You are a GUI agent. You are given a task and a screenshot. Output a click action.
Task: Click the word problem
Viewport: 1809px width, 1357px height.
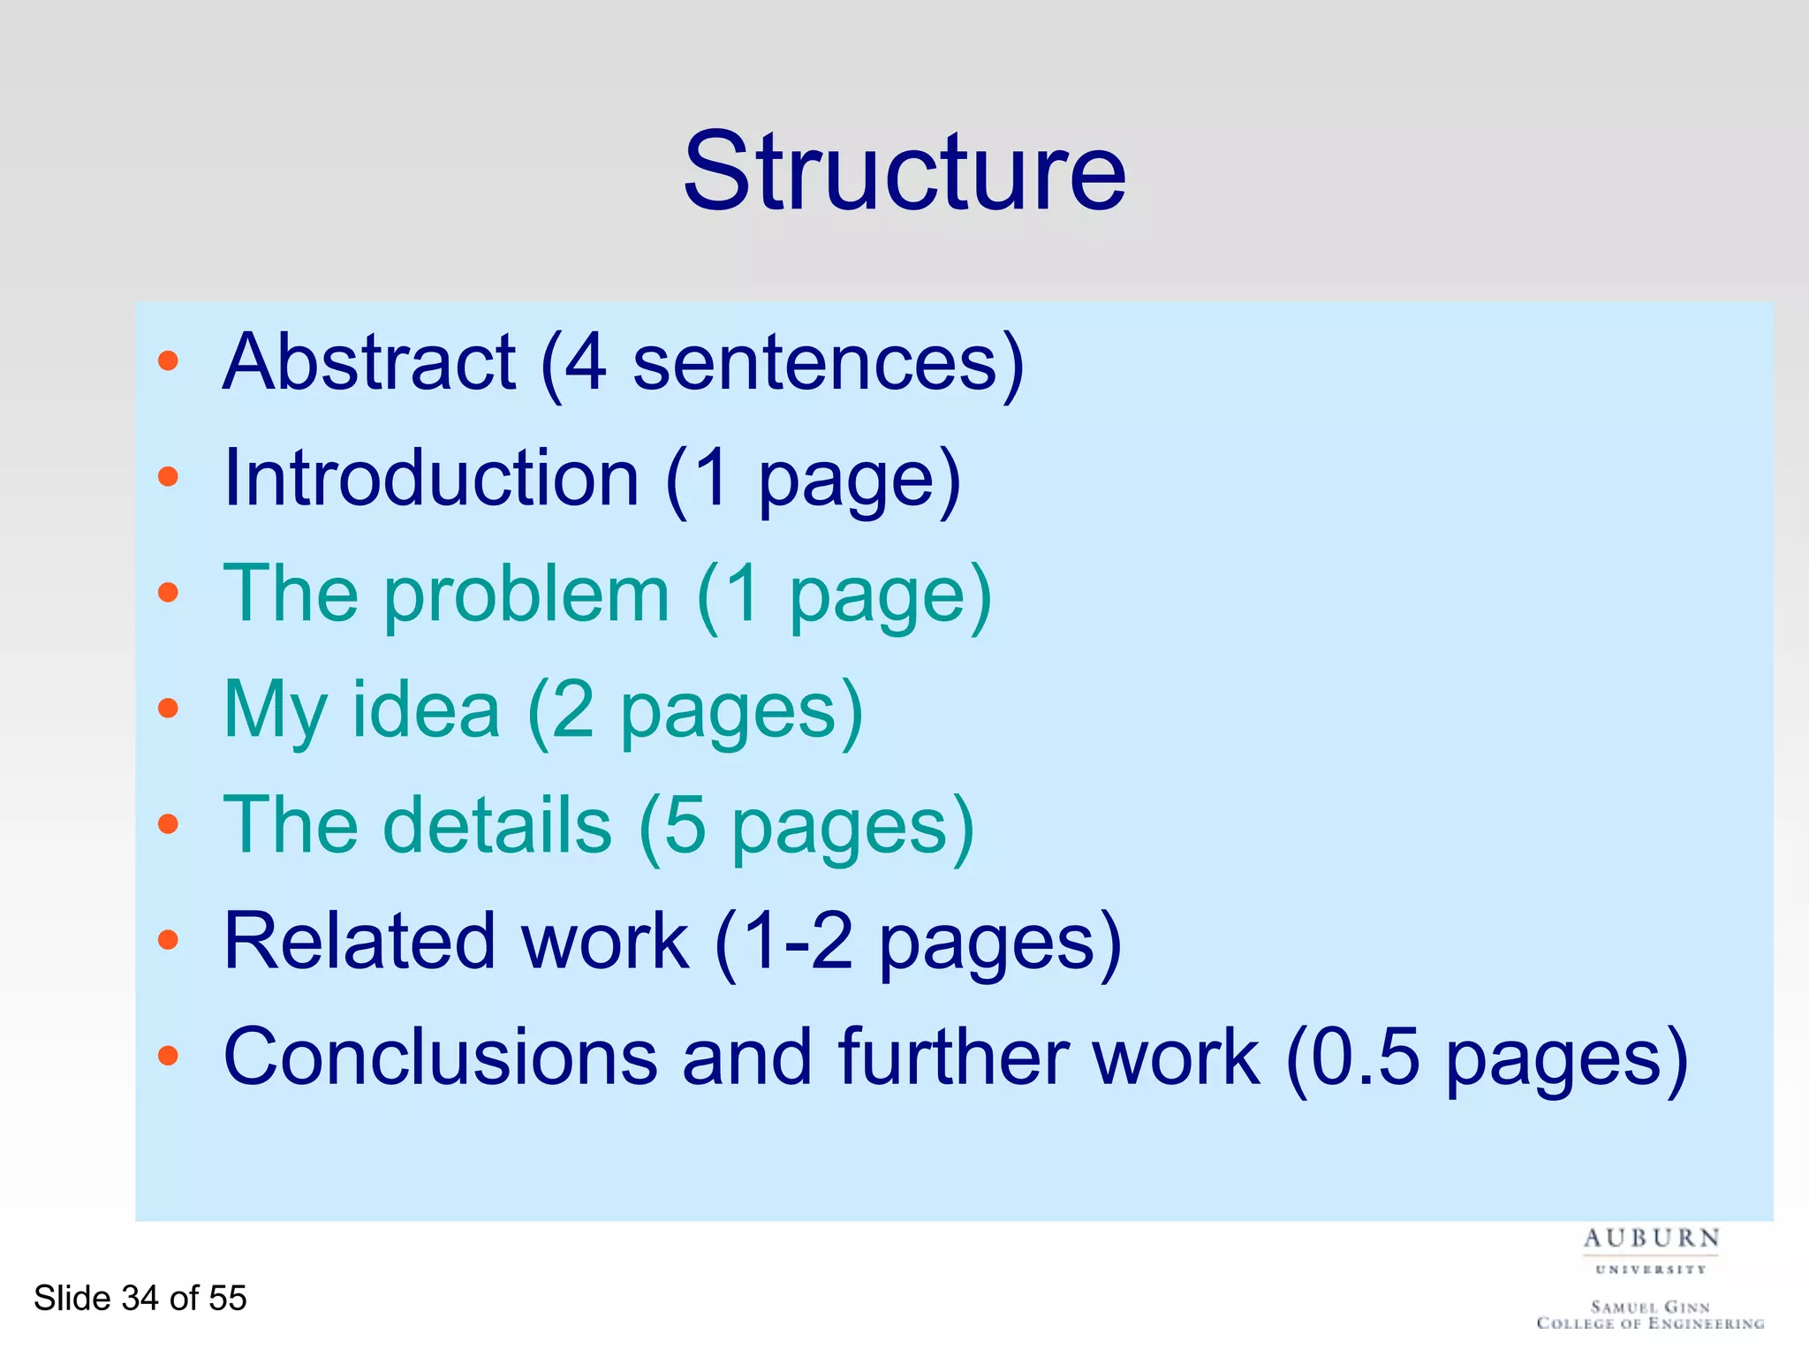(526, 595)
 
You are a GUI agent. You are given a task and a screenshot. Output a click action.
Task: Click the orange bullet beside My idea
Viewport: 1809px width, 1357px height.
(168, 708)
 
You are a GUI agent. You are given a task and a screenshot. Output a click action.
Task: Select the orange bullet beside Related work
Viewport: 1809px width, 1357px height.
(168, 940)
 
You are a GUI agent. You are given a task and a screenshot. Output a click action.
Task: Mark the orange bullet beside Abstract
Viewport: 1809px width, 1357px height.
(168, 360)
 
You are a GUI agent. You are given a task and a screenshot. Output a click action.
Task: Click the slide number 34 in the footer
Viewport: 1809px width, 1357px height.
(140, 1298)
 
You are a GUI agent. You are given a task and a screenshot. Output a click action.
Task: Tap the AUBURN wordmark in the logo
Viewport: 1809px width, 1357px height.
(1651, 1239)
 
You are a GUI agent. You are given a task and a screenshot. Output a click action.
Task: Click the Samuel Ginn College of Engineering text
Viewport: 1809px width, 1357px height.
(1650, 1315)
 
